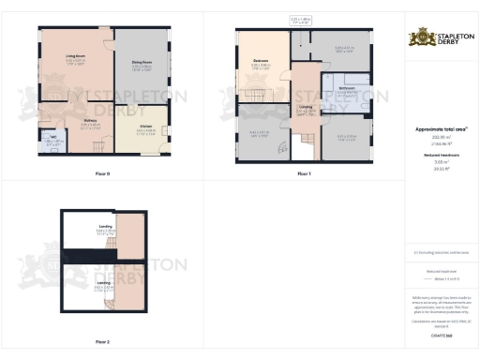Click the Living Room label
pyautogui.click(x=76, y=56)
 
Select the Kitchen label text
pyautogui.click(x=145, y=126)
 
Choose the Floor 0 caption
pyautogui.click(x=102, y=174)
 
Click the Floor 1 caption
pyautogui.click(x=304, y=174)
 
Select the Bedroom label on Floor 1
pyautogui.click(x=262, y=61)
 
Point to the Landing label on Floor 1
pyautogui.click(x=305, y=108)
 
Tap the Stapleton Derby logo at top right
pyautogui.click(x=438, y=38)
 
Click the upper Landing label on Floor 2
pyautogui.click(x=104, y=227)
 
